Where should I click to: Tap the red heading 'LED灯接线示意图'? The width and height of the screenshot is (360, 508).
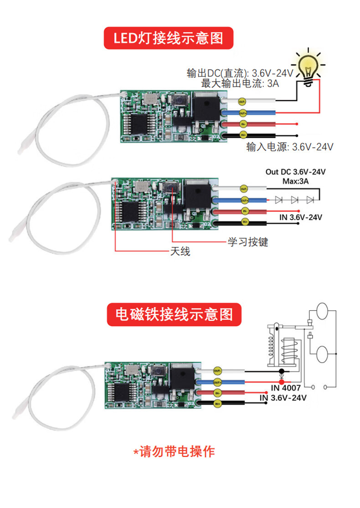tap(168, 38)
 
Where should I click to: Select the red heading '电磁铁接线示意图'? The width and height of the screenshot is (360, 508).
tap(174, 314)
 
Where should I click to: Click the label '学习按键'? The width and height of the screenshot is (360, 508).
tap(248, 241)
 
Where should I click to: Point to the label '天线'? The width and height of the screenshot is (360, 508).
tap(180, 251)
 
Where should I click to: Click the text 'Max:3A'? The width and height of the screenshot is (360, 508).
tap(296, 181)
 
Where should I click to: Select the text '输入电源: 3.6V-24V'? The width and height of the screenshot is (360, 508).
tap(290, 147)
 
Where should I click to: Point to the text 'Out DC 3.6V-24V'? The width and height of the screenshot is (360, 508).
tap(296, 172)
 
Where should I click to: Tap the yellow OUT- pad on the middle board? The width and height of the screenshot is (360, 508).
tap(244, 189)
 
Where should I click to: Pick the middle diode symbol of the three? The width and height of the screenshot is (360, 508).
tap(294, 200)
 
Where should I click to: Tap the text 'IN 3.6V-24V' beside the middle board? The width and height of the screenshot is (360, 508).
tap(300, 217)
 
